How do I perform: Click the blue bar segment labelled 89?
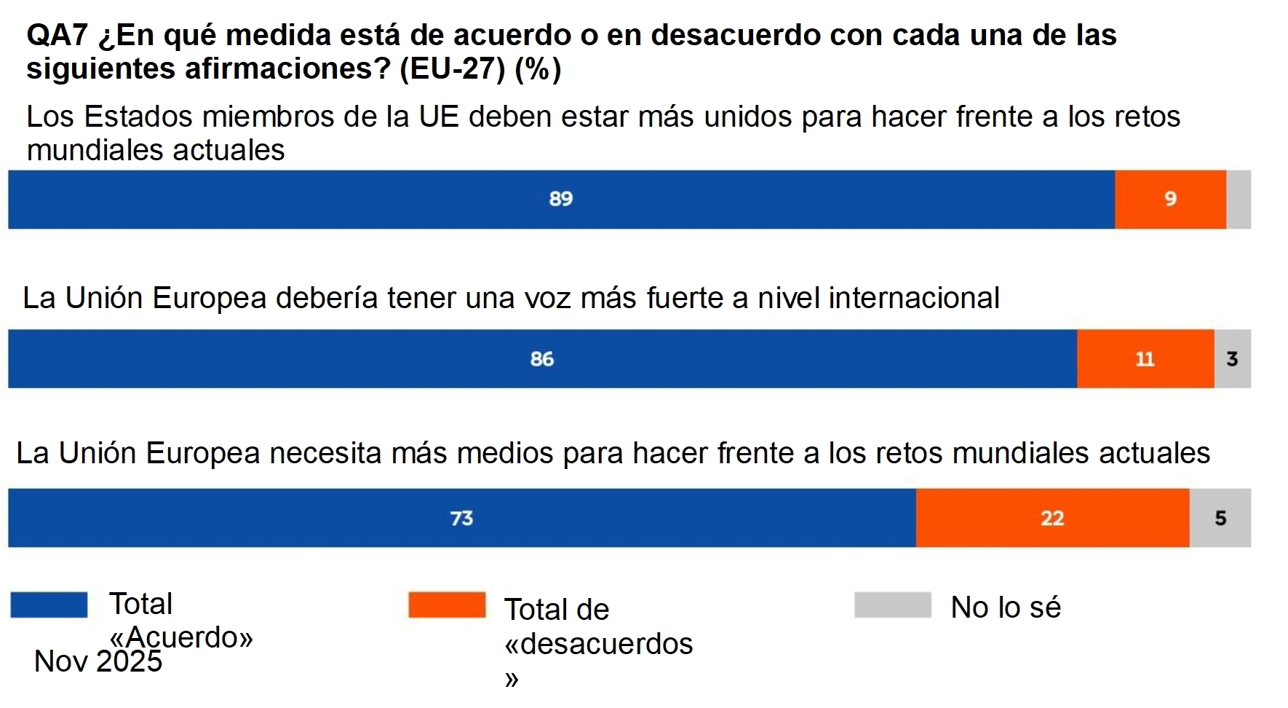click(560, 200)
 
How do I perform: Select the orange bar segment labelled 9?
click(1170, 200)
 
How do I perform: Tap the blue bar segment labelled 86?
click(542, 359)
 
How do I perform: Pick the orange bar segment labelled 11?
click(1145, 359)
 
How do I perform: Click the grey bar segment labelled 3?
click(1232, 359)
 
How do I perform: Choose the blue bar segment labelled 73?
click(461, 518)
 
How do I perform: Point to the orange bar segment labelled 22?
click(1052, 518)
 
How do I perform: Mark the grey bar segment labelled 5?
click(1220, 518)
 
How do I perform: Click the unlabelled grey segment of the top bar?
click(1239, 200)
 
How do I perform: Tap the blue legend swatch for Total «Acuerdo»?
click(49, 605)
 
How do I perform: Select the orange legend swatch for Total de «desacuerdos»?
click(447, 605)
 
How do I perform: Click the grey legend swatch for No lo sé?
click(892, 605)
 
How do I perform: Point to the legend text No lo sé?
click(1006, 607)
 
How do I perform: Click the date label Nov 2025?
click(98, 661)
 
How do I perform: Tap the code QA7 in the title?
click(57, 35)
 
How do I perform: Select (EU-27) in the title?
click(453, 68)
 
